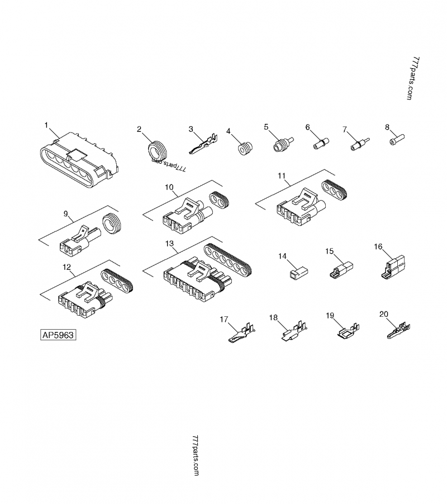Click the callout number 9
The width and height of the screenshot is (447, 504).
(65, 213)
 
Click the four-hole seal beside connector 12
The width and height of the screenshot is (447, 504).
(116, 280)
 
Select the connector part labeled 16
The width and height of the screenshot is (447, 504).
(394, 265)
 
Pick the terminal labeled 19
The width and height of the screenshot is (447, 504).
(346, 332)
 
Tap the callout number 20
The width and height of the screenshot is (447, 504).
(383, 314)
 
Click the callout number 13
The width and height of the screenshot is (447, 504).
(170, 244)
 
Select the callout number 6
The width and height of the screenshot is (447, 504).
(307, 127)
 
